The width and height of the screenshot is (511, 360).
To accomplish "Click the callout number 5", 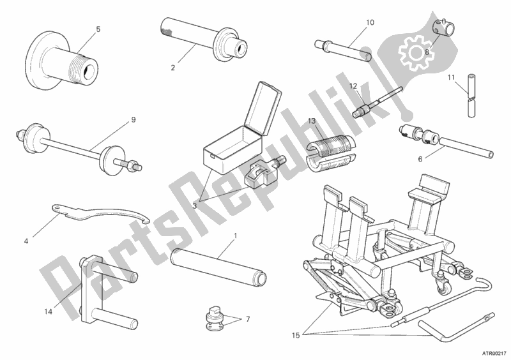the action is pos(98,29).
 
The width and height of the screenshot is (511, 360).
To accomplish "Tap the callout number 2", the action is pos(173,68).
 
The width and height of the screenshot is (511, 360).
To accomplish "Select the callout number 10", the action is pos(370,22).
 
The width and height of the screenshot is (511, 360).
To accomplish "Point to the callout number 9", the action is pos(133,119).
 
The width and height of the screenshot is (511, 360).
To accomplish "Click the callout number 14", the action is pos(49,311).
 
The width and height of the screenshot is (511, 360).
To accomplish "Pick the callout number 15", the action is pos(296,335).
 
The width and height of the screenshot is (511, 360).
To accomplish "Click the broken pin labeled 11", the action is pos(471,96).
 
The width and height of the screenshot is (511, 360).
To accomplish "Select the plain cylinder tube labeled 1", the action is pos(219,267).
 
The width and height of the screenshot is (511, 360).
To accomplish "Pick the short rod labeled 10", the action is pos(343,50).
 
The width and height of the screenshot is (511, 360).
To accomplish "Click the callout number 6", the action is pos(420,160).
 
